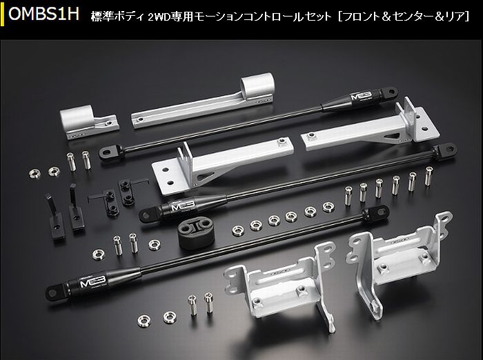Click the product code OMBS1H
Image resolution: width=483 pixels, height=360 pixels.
tap(43, 14)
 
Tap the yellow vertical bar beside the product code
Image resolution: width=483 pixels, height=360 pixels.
tap(3, 14)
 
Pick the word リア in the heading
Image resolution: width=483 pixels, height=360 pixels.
tap(454, 17)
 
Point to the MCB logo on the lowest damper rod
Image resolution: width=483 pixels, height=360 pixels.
tap(92, 281)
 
